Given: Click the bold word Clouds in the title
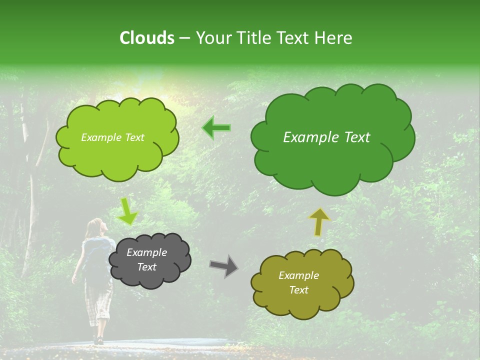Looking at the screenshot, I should [147, 38].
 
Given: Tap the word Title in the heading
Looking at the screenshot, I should [255, 38].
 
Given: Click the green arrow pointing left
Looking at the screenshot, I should [216, 128].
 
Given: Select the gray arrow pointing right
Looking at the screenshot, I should [223, 266].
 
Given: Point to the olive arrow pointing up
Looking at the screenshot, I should [319, 221].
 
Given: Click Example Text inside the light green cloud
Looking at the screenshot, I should [112, 137].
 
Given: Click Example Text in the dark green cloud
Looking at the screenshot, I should [326, 137].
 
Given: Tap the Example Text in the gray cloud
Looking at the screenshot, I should [147, 260].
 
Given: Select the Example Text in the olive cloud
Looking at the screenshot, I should [298, 282].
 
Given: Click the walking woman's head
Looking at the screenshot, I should [96, 227].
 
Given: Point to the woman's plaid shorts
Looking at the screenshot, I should [98, 300].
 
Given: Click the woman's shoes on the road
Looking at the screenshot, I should [98, 340].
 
